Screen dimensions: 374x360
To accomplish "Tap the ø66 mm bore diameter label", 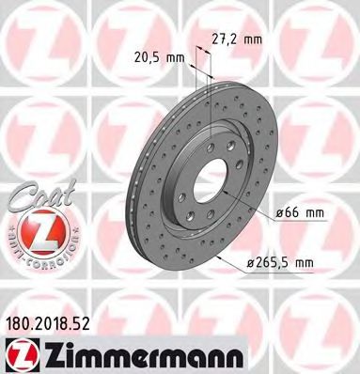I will (300, 212).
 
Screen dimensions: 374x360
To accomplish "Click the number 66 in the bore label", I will (292, 212).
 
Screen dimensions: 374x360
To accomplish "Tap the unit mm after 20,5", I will (175, 57).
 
